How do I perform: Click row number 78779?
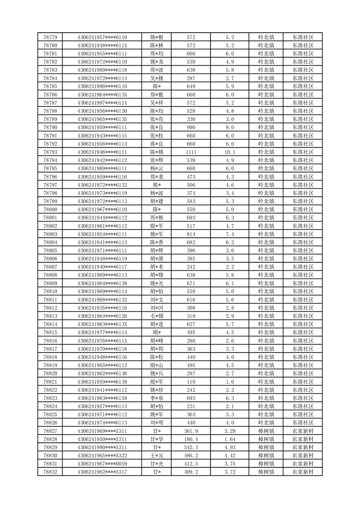point(50,37)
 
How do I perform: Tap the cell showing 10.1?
point(229,152)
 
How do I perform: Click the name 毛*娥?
point(157,316)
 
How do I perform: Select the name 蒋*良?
point(157,144)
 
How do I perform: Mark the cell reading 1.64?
point(229,439)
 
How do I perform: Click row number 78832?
point(50,472)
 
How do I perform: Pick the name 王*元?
point(157,455)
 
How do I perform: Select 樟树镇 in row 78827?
point(266,431)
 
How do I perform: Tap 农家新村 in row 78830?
point(303,455)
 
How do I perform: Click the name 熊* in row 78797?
point(157,185)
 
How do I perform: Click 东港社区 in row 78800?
point(303,210)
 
